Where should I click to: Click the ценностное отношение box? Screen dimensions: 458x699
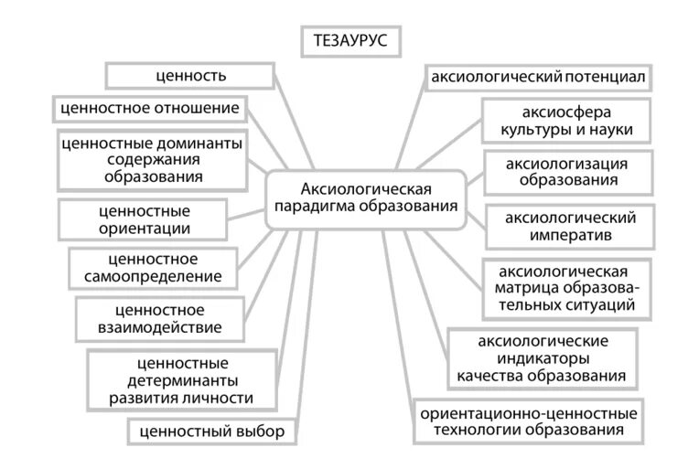tap(149, 109)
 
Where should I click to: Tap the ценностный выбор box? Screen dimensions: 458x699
tap(213, 431)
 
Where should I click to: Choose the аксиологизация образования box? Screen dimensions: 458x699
tap(568, 171)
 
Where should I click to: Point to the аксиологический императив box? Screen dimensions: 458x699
tap(571, 226)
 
